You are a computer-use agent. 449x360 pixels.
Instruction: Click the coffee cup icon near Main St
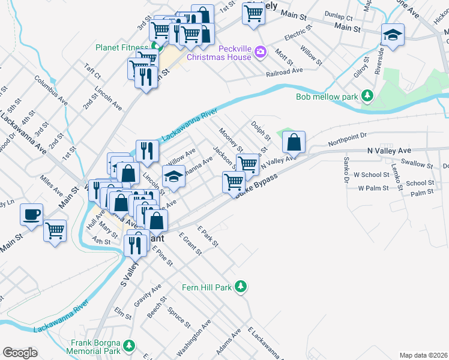[32, 214]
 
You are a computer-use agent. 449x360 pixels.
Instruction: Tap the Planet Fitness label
[122, 47]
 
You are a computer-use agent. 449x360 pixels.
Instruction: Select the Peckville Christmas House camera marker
[260, 52]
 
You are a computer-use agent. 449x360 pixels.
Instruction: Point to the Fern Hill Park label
[206, 287]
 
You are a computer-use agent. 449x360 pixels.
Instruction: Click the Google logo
[20, 352]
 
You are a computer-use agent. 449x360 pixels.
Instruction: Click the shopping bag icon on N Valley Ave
[294, 143]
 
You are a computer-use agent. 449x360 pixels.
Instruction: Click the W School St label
[372, 175]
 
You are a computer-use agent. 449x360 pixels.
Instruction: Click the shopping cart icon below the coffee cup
[55, 229]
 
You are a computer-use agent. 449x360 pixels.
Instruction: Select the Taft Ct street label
[92, 71]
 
